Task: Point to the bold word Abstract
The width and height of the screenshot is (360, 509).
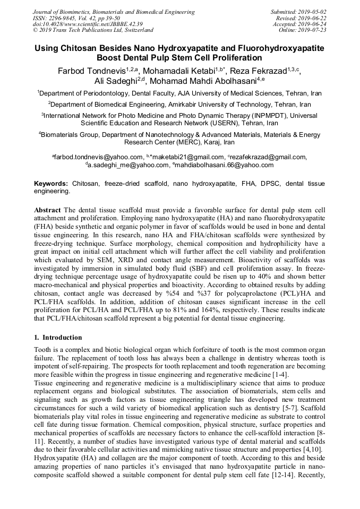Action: pyautogui.click(x=47, y=211)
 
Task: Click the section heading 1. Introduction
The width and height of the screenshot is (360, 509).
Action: pyautogui.click(x=58, y=338)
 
